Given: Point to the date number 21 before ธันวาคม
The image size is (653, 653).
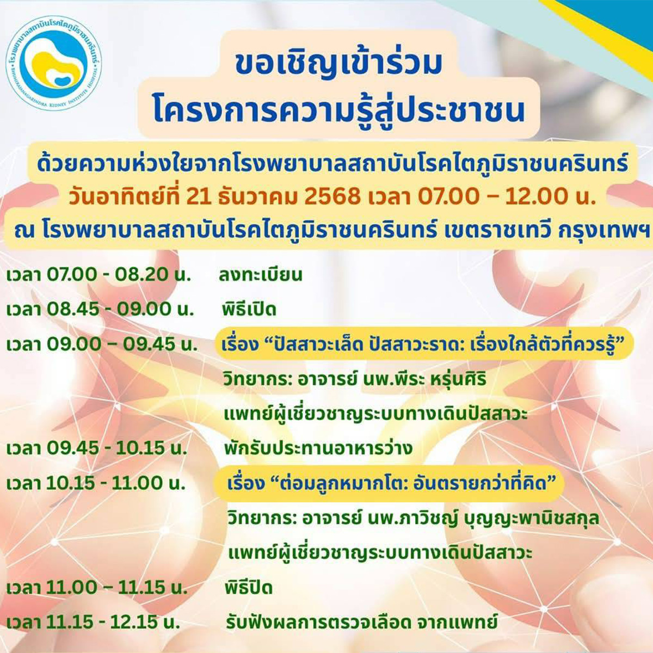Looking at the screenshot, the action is (198, 196).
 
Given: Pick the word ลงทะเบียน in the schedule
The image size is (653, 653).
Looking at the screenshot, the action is (260, 275).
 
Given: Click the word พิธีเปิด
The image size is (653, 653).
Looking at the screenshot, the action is (249, 310).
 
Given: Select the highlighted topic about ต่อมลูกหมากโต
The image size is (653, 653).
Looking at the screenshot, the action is (390, 483).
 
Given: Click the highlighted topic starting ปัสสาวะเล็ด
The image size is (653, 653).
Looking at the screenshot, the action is (423, 344).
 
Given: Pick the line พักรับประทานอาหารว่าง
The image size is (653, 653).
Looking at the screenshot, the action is (318, 448).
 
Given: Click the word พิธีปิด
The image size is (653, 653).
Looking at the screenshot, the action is (249, 587).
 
